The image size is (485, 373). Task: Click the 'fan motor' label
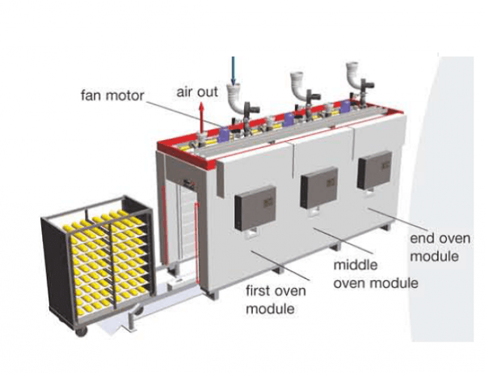click(112, 95)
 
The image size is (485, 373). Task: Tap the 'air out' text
click(197, 92)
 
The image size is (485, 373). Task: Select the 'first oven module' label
click(276, 300)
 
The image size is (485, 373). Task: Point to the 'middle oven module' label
click(376, 274)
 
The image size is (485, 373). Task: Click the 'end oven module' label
click(441, 248)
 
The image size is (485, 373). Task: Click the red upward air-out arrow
click(201, 119)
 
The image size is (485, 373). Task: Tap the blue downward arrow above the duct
click(234, 71)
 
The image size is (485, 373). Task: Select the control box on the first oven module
click(255, 208)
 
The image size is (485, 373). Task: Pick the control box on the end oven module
click(374, 170)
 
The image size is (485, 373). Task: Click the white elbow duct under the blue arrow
click(236, 99)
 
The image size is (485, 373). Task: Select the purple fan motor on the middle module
click(289, 120)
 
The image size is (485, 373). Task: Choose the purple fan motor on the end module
click(345, 107)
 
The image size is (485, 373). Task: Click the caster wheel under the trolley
click(81, 331)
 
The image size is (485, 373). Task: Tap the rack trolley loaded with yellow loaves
click(98, 264)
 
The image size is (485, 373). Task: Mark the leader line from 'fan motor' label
click(183, 114)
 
